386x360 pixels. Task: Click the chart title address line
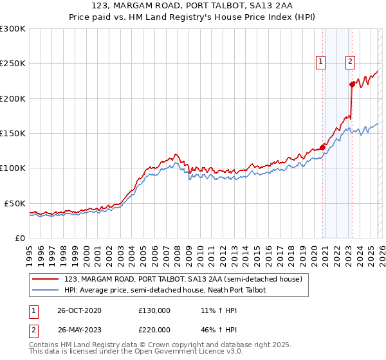tap(193, 6)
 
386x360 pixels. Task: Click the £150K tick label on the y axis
tap(13, 133)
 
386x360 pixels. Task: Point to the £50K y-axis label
tap(15, 203)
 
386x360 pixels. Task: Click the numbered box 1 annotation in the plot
tap(320, 62)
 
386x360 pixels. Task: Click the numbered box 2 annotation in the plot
tap(350, 62)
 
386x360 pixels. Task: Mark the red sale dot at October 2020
tap(322, 147)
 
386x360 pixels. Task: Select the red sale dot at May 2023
tap(352, 84)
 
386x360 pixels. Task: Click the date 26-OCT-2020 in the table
tap(79, 310)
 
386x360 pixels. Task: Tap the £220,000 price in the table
tap(154, 331)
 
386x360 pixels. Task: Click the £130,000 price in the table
tap(154, 310)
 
